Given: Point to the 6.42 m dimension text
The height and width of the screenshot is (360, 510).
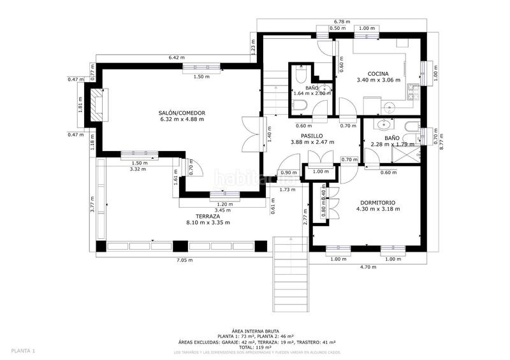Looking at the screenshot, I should click(x=177, y=58).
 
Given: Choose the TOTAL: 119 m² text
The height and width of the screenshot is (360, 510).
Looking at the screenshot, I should click(x=255, y=347).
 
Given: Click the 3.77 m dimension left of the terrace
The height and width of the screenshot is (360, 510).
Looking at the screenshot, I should click(x=92, y=205).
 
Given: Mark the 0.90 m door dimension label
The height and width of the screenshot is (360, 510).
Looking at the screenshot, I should click(x=289, y=173).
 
